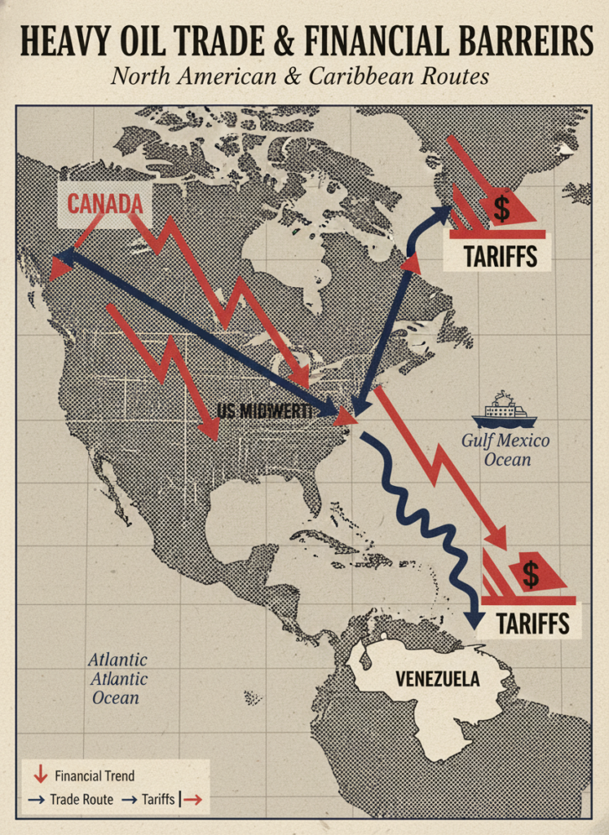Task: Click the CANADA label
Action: (104, 203)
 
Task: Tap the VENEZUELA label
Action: (437, 678)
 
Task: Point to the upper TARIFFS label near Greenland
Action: (500, 256)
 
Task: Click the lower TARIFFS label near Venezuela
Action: (532, 624)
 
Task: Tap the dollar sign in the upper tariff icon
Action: (501, 209)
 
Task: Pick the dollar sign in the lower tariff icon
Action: (531, 574)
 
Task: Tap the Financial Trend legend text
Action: (95, 775)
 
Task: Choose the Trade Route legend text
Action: (82, 800)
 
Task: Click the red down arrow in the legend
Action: (40, 775)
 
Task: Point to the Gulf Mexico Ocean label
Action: (505, 450)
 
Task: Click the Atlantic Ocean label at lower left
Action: (117, 678)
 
